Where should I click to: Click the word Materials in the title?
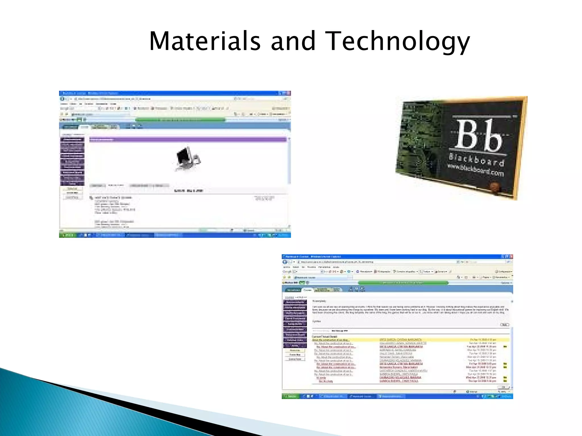(x=205, y=41)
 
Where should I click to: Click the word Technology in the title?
(x=397, y=41)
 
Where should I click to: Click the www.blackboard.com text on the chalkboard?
(x=475, y=170)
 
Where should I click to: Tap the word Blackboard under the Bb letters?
(x=477, y=160)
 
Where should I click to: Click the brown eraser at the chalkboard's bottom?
(x=495, y=187)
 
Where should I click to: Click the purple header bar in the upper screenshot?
(x=188, y=139)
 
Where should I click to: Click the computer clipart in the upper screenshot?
(x=188, y=159)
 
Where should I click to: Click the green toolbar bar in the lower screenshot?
(x=403, y=283)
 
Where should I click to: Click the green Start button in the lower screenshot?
(x=290, y=396)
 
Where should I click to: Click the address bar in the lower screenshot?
(x=375, y=262)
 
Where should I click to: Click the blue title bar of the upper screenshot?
(x=171, y=93)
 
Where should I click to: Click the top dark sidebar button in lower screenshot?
(x=295, y=302)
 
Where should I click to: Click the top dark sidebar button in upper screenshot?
(x=72, y=140)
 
